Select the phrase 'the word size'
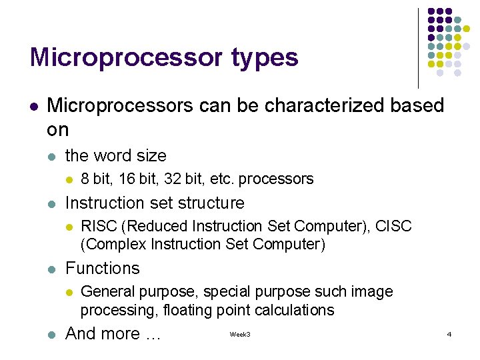pyautogui.click(x=115, y=155)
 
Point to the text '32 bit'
pyautogui.click(x=189, y=179)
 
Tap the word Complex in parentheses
pyautogui.click(x=110, y=245)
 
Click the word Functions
pyautogui.click(x=102, y=268)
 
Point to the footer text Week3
pyautogui.click(x=240, y=333)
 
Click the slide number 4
pyautogui.click(x=449, y=333)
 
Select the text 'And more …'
pyautogui.click(x=113, y=333)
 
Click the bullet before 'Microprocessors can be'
pyautogui.click(x=33, y=105)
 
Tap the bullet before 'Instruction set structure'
pyautogui.click(x=52, y=203)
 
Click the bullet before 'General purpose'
pyautogui.click(x=67, y=292)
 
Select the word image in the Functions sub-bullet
pyautogui.click(x=375, y=292)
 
